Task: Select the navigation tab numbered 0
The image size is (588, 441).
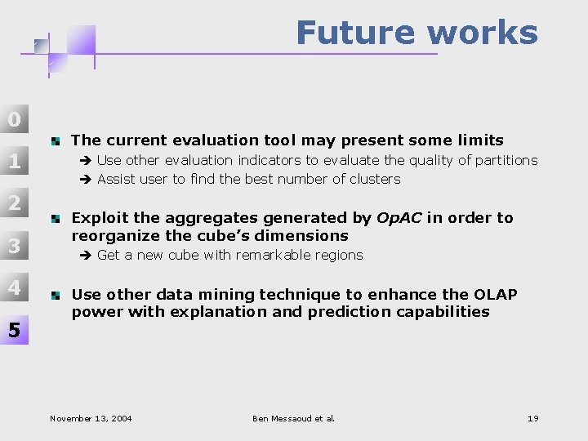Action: point(14,119)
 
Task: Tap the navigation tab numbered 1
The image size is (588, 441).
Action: point(14,162)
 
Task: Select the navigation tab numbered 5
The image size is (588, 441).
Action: point(14,330)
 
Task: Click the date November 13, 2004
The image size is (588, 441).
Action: point(91,419)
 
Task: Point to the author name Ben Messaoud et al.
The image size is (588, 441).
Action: point(294,419)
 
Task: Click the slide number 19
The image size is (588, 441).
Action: point(532,419)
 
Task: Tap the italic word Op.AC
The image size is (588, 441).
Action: point(399,218)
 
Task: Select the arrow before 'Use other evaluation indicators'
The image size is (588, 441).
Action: point(87,161)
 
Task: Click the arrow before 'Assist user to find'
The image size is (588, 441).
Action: point(87,180)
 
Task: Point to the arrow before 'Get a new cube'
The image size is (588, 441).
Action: point(87,256)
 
